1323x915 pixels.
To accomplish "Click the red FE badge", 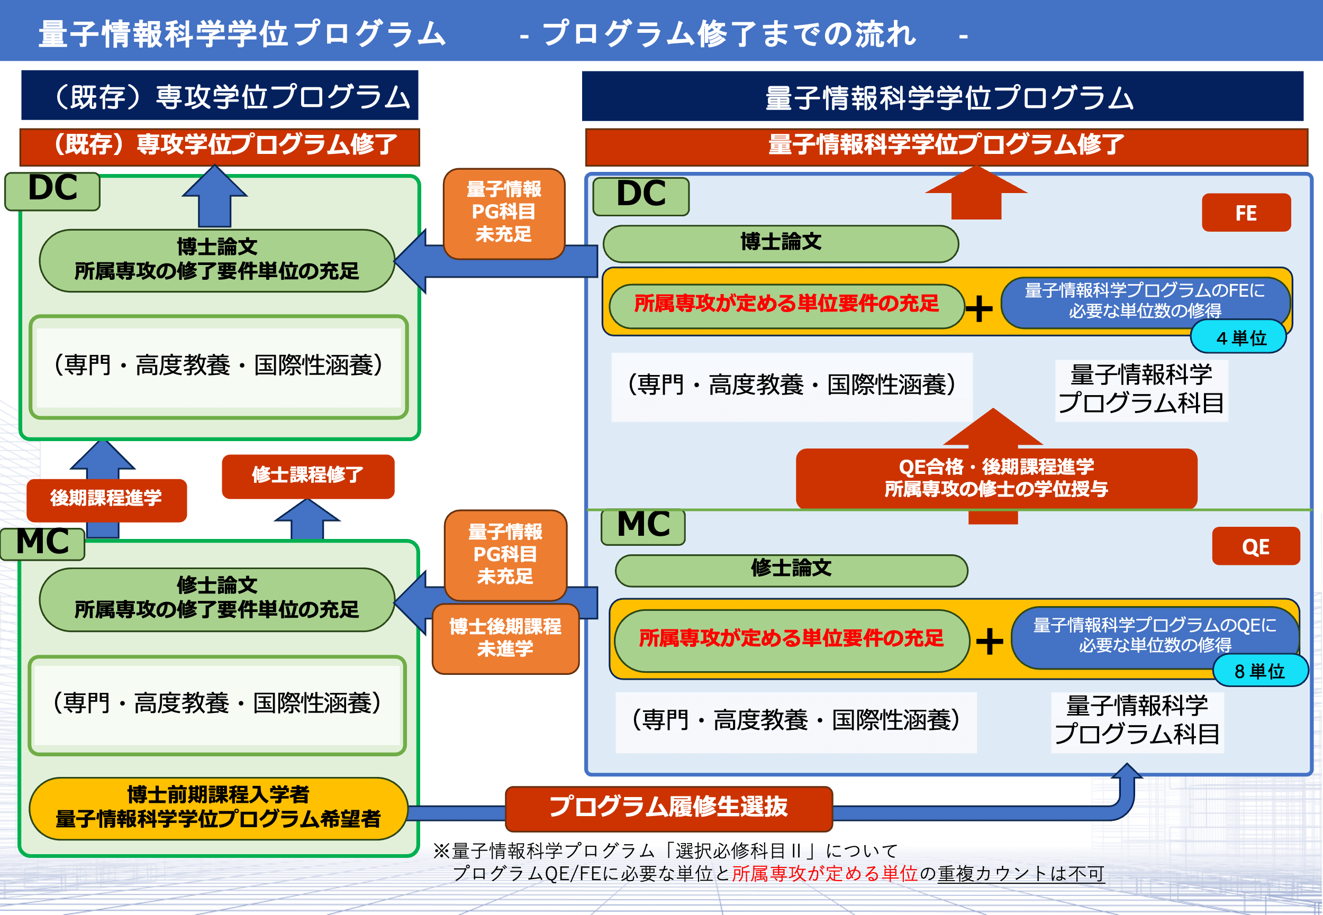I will pos(1246,213).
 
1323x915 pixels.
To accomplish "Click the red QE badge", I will pos(1255,546).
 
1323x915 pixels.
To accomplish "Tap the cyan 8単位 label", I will pos(1260,670).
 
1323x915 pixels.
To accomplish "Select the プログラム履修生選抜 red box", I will pos(669,808).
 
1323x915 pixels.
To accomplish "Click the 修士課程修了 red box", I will pos(308,476).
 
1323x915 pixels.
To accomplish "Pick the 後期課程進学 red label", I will pos(106,499).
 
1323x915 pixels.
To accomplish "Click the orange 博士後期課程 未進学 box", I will pos(505,638).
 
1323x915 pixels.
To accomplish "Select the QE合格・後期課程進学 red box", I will pos(996,478).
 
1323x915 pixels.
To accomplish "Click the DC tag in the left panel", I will pos(53,190).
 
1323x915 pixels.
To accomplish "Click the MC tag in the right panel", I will pos(643,525).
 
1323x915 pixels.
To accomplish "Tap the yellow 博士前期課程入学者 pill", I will pos(219,808).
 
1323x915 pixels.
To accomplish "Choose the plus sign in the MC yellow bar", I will pos(990,641).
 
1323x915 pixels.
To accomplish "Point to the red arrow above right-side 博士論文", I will pos(976,193).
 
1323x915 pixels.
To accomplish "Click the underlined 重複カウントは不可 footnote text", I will pos(1021,874).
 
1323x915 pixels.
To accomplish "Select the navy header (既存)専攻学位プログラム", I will pos(220,96).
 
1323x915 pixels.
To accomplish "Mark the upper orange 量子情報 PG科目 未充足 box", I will pos(504,213).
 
